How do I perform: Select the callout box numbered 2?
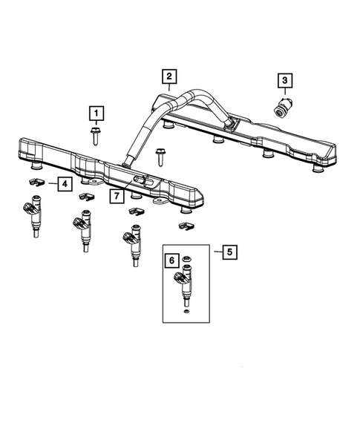[168, 76]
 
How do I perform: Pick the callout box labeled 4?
[65, 183]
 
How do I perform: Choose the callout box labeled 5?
[229, 252]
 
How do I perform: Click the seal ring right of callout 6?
[187, 260]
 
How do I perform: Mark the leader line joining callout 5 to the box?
[212, 252]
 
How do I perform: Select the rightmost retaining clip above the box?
[185, 223]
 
